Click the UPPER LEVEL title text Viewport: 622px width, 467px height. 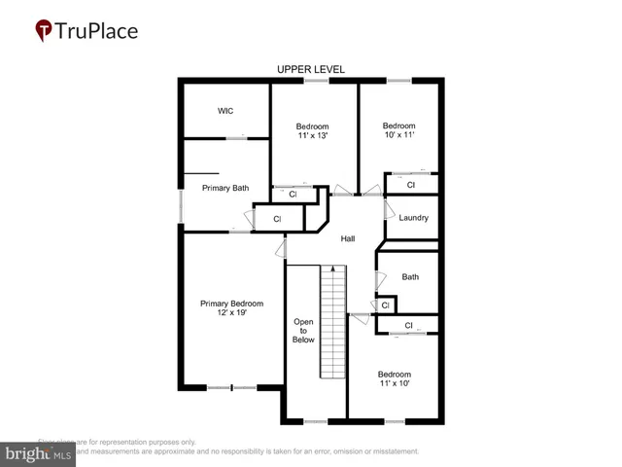310,69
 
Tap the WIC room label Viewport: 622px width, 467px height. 225,111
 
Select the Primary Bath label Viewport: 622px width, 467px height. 225,188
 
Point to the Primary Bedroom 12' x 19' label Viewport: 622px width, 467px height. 231,309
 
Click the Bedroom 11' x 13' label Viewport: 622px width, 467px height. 312,131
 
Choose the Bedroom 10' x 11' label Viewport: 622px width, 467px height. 398,131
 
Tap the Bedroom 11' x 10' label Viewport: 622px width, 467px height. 394,379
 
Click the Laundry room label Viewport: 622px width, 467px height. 413,218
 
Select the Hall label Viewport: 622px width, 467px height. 348,238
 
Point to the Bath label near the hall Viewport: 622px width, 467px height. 410,277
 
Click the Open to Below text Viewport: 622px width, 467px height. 303,331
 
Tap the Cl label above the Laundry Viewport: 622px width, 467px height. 411,185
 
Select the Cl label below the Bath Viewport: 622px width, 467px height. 385,305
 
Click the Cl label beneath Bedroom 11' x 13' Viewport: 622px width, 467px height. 293,195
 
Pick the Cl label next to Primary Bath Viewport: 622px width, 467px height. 277,220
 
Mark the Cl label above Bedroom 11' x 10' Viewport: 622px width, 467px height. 408,325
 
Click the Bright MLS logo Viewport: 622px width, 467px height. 39,453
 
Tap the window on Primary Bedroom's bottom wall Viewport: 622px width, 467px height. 231,387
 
